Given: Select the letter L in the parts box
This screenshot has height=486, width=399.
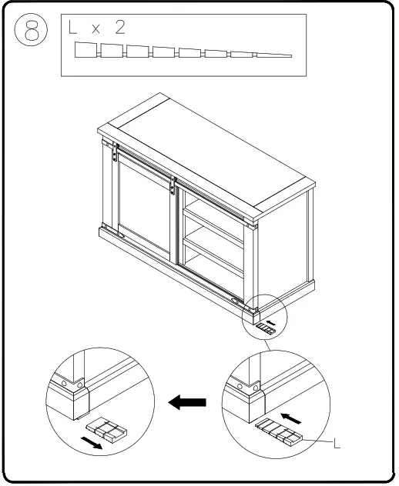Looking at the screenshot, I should point(73,28).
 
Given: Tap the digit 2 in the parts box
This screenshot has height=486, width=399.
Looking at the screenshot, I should point(120,28).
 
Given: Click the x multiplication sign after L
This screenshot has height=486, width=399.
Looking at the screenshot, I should point(96,30).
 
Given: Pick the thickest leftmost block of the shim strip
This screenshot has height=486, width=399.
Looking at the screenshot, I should point(86,52).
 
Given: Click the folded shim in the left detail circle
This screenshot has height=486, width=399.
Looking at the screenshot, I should point(106,430).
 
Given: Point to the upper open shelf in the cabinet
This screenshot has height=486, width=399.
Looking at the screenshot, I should point(214,219).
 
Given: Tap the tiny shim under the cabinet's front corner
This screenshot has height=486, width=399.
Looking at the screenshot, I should point(266,328).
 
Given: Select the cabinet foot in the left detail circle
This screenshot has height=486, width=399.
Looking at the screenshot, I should point(76,399).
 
